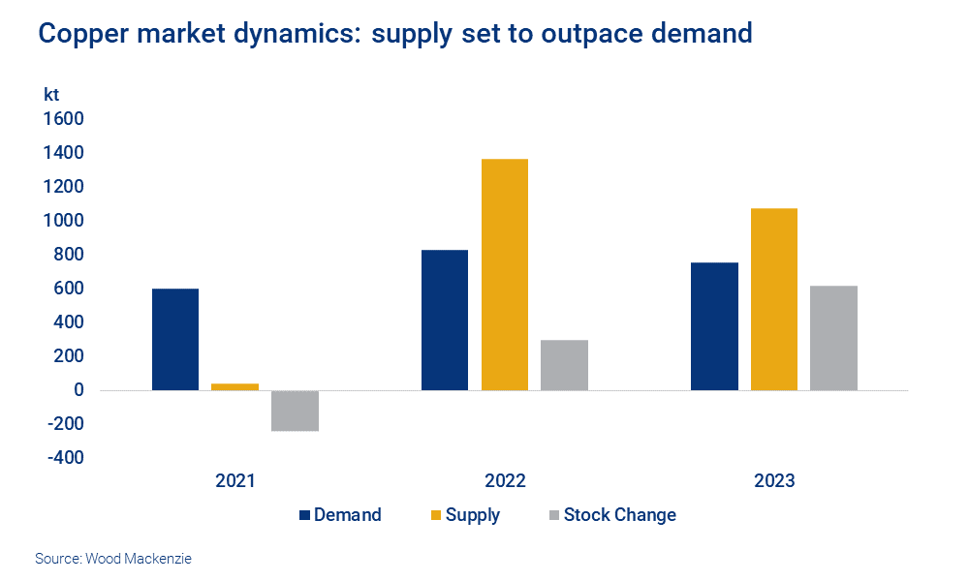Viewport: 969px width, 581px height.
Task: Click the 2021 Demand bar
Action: click(x=175, y=339)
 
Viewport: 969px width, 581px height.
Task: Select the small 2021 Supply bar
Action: click(x=234, y=386)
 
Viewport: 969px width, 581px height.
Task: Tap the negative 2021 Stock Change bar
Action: click(x=295, y=411)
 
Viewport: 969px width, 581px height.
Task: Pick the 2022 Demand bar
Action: click(x=445, y=320)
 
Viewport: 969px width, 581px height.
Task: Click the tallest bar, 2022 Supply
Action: click(x=505, y=274)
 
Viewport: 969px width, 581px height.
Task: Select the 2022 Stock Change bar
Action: click(x=564, y=365)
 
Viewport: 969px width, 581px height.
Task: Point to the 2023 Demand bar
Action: click(x=714, y=326)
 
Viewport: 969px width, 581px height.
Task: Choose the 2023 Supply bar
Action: click(x=774, y=299)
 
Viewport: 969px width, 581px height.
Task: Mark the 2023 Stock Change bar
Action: click(x=833, y=338)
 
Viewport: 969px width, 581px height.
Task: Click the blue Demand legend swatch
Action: click(x=304, y=515)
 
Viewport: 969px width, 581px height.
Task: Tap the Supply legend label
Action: click(x=472, y=515)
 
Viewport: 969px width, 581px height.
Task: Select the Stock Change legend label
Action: click(x=619, y=515)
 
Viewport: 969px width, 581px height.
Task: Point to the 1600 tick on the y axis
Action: click(x=63, y=119)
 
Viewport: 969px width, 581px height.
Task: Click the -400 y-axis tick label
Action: click(x=63, y=458)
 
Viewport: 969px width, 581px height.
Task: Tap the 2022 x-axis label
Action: click(x=505, y=481)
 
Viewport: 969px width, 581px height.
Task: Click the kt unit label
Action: click(x=51, y=95)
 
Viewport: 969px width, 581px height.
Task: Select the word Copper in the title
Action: click(x=80, y=34)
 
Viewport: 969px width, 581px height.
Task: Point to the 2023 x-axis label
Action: click(x=774, y=481)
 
